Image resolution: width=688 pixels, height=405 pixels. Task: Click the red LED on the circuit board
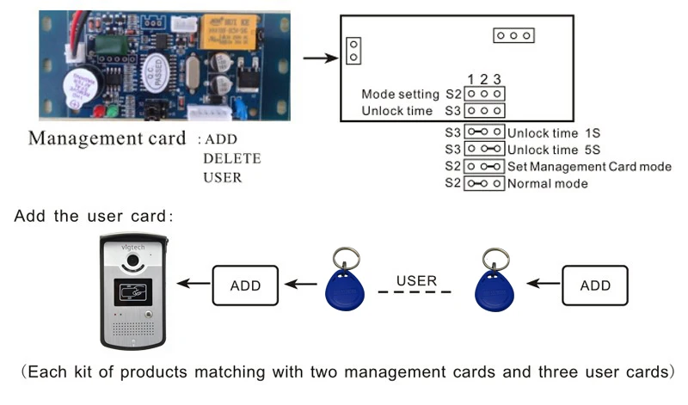tap(101, 112)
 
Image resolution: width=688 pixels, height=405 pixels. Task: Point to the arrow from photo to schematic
tap(320, 59)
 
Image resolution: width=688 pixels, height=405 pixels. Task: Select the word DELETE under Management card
tap(231, 159)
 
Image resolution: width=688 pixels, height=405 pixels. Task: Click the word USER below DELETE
tap(223, 178)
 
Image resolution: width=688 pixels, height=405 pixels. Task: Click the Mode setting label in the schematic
tap(400, 94)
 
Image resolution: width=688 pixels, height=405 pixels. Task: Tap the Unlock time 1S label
tap(550, 132)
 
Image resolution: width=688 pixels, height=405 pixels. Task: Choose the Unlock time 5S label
tap(550, 150)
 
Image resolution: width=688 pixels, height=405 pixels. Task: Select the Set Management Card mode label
tap(589, 167)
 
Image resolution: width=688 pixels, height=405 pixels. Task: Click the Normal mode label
tap(547, 184)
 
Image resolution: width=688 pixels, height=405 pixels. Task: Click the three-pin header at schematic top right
tap(514, 35)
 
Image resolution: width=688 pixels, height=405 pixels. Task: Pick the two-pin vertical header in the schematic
tap(353, 51)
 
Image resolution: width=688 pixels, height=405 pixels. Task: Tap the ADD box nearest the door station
tap(245, 285)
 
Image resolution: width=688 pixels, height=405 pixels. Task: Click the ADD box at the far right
tap(594, 285)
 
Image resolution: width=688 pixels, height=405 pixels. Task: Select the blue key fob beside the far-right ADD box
tap(494, 284)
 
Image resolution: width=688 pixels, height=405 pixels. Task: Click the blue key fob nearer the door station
tap(344, 284)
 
